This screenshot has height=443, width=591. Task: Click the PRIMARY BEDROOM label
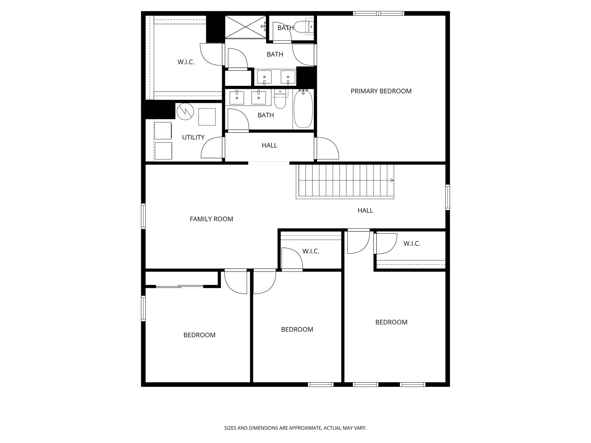coord(381,91)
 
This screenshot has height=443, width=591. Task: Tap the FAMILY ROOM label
coord(211,219)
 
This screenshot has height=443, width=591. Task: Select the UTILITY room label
coord(193,137)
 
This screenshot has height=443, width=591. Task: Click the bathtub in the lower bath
coord(303,109)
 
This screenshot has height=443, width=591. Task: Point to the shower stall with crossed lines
coord(245,27)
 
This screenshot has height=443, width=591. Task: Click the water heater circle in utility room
coord(185,111)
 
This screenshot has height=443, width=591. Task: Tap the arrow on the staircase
coord(392,180)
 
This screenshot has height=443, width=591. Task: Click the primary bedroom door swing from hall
coord(327,148)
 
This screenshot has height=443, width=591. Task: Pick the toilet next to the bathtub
coord(280,99)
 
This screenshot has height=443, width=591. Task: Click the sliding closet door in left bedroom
coord(179,286)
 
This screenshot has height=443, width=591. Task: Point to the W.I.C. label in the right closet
coord(412,244)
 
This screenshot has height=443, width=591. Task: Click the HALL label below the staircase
coord(365,210)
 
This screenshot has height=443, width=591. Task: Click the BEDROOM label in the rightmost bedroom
coord(391,322)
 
